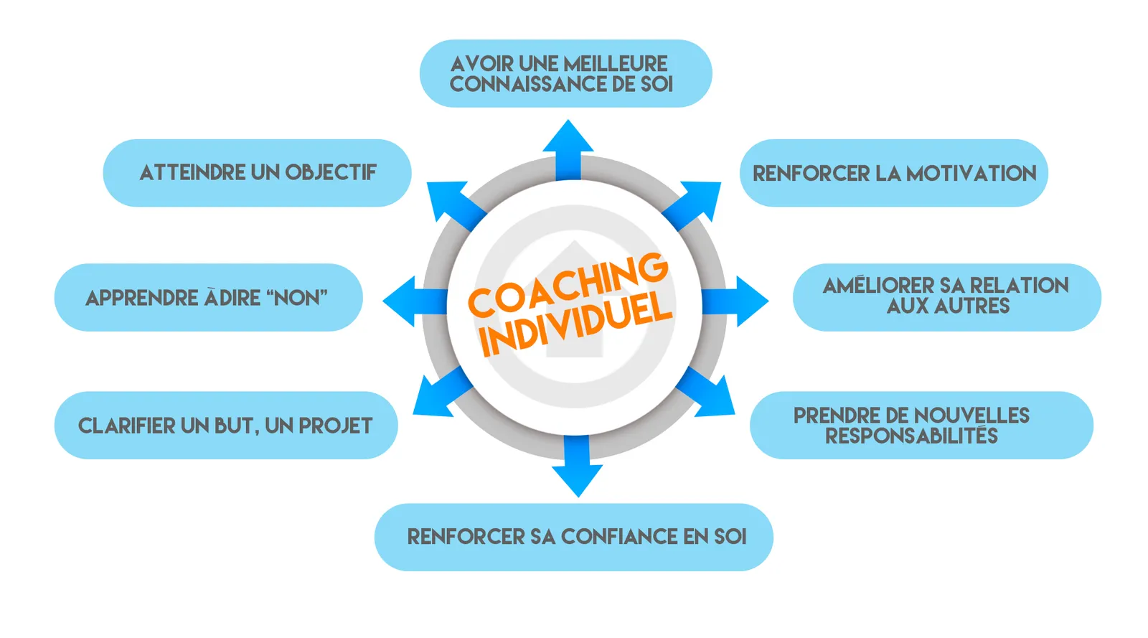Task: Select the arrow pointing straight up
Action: [568, 150]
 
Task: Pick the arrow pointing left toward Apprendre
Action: [415, 301]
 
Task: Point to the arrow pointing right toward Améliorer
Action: [735, 301]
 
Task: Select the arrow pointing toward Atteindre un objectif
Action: [455, 205]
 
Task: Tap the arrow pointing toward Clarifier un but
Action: [442, 392]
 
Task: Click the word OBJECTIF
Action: [331, 173]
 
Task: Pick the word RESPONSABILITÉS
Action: [911, 436]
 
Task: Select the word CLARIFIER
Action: [126, 426]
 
